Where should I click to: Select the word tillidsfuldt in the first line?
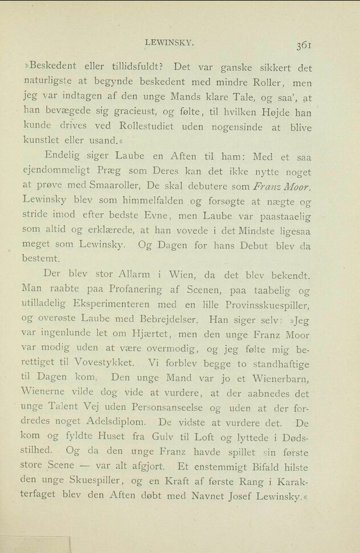point(133,68)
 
